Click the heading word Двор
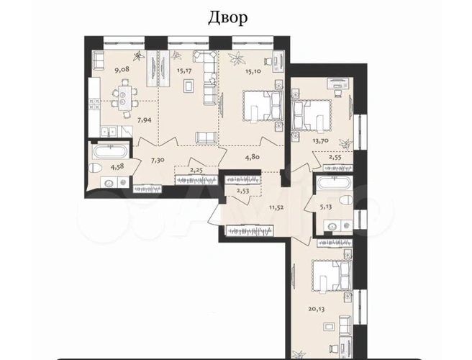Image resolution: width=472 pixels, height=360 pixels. [228, 19]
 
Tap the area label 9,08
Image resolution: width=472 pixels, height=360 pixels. [122, 70]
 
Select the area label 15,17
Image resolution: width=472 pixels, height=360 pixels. [184, 71]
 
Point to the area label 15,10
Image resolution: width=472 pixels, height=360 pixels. [253, 71]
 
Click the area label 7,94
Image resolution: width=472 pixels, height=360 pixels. [145, 120]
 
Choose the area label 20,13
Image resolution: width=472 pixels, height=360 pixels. [317, 309]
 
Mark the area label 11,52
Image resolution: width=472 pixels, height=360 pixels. [276, 207]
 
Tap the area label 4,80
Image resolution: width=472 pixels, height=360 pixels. [253, 157]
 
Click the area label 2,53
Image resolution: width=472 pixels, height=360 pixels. [243, 191]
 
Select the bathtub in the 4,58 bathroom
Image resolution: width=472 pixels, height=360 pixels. [109, 151]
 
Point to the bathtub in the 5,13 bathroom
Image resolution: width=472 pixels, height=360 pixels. [335, 184]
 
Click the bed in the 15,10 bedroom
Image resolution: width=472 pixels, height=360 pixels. [263, 106]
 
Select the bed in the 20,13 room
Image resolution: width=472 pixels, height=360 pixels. [332, 277]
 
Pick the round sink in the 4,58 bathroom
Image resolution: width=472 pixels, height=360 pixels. [109, 183]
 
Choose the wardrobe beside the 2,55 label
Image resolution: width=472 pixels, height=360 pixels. [337, 168]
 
